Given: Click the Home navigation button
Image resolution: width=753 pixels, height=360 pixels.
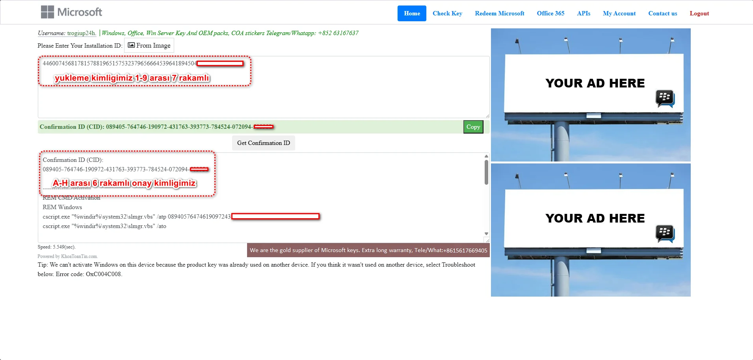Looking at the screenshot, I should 412,13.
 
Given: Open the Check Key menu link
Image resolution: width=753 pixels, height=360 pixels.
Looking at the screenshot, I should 447,13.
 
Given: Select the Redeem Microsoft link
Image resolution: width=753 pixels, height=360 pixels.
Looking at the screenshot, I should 499,13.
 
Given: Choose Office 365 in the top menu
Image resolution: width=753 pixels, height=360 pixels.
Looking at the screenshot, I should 550,13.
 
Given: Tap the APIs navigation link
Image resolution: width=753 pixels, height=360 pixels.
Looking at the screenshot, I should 584,13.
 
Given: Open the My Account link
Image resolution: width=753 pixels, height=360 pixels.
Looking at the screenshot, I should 619,13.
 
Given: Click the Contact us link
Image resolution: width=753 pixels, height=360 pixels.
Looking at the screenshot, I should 662,13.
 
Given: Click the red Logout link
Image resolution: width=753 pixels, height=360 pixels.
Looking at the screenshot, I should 699,13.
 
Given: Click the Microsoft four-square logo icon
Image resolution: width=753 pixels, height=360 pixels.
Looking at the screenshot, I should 47,12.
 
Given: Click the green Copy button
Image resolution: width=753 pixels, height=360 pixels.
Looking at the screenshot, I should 473,127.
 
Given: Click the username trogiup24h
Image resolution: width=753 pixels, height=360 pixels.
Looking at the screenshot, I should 81,33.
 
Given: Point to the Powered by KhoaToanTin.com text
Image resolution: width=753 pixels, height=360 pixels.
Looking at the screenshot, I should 67,256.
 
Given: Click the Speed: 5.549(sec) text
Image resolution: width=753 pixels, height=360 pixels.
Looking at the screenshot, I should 56,247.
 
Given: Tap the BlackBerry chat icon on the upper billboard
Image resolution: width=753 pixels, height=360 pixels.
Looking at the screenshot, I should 665,98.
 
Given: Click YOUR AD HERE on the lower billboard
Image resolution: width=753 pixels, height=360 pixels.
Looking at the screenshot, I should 595,218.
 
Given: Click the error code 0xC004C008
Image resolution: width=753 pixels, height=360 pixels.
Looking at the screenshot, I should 104,274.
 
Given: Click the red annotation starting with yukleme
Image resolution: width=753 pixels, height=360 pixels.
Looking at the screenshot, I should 132,78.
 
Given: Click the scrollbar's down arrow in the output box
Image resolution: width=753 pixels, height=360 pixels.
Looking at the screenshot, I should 486,234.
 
